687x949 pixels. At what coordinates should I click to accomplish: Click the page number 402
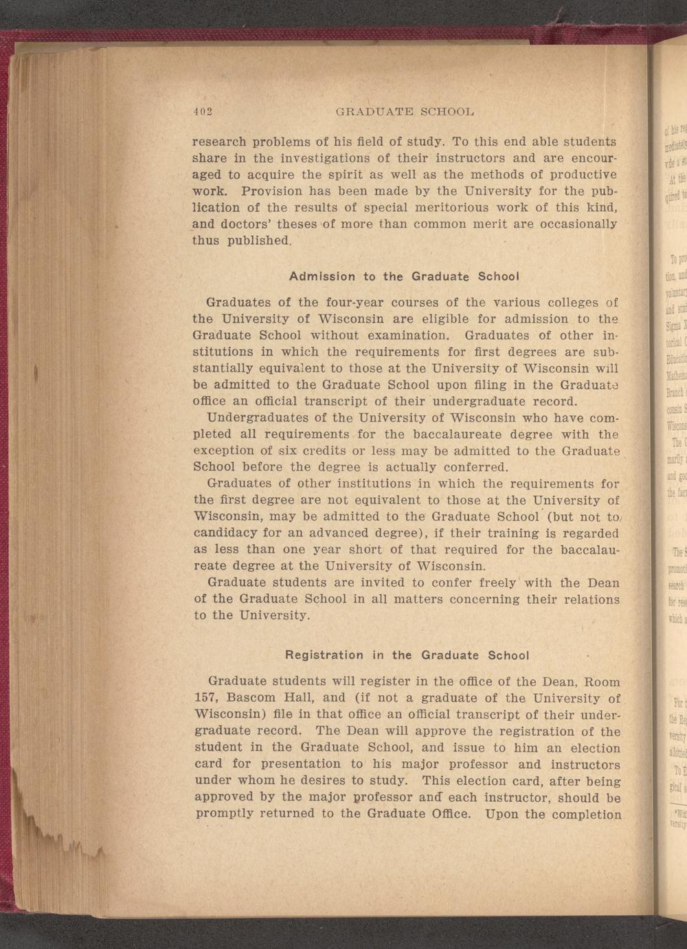click(x=203, y=111)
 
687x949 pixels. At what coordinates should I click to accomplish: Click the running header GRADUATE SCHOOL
click(x=404, y=111)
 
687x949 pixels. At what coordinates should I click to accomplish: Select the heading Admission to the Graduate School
click(x=403, y=276)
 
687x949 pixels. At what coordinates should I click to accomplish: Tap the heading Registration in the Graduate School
click(x=407, y=655)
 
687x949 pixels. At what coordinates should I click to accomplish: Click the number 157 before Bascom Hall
click(x=206, y=699)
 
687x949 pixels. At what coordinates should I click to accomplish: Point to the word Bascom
click(x=254, y=699)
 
